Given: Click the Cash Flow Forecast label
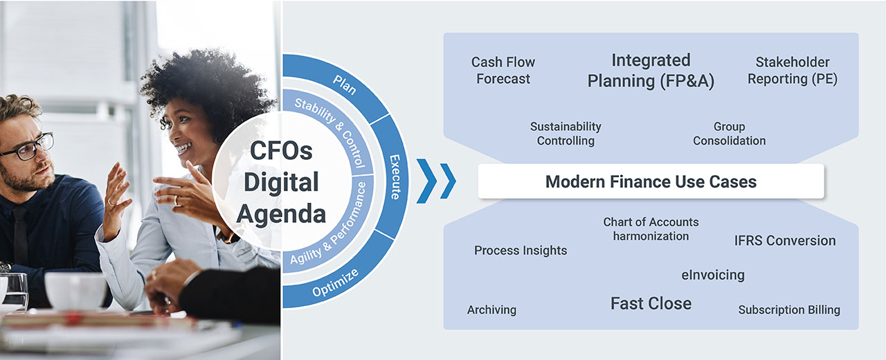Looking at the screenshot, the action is point(503,71).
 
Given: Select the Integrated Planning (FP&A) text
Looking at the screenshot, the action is point(651,71).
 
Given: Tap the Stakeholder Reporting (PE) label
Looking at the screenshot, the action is point(793,71).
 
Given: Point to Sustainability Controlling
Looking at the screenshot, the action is point(566,134).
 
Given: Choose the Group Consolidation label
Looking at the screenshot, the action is point(730,134).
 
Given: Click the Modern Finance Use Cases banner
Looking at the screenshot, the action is point(651,181).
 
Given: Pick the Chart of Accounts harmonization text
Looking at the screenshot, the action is point(651,229).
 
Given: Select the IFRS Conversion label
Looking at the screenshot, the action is point(785,240).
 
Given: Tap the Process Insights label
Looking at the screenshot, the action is point(521,251).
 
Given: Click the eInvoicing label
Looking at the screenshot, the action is point(713,275).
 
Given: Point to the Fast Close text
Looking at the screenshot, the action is point(651,303).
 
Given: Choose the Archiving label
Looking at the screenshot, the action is point(491,309).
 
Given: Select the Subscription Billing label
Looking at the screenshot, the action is point(789,309).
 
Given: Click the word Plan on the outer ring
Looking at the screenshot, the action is point(345,84).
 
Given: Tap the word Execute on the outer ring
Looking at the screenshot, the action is point(395,177).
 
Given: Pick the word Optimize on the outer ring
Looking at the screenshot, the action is point(336,282).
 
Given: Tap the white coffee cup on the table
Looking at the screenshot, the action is point(75,290).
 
